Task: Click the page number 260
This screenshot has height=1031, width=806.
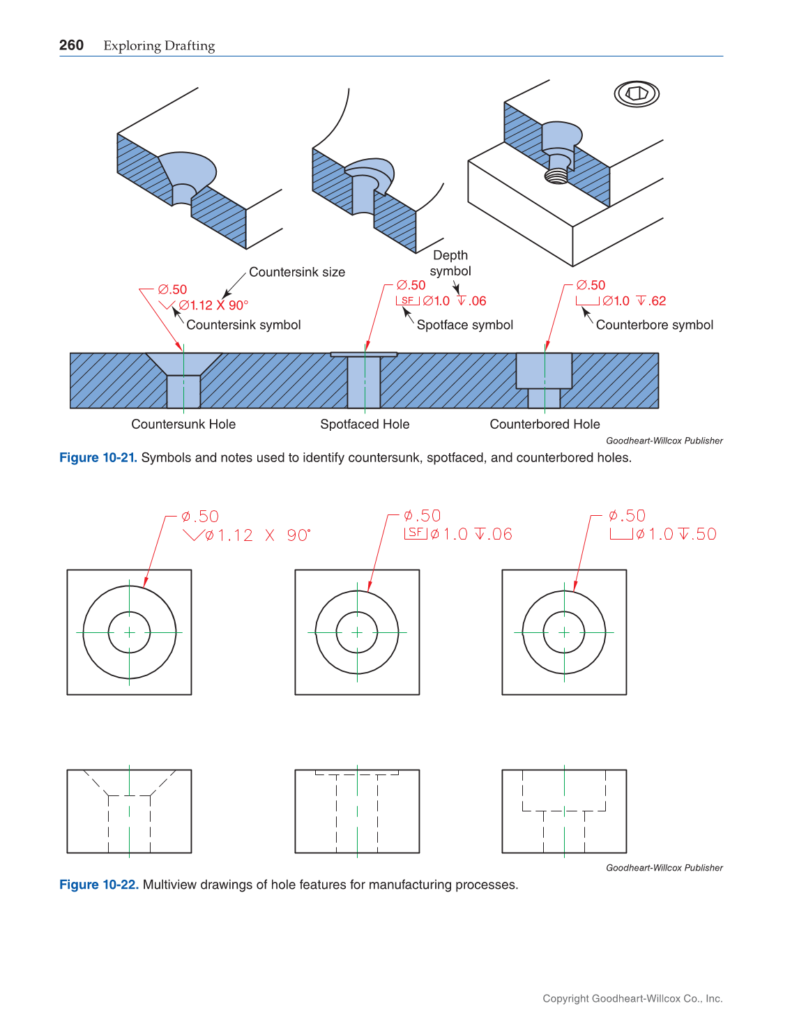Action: (x=71, y=45)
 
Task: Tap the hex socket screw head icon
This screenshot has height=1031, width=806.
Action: (x=637, y=93)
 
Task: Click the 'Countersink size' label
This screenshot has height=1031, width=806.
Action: (x=297, y=272)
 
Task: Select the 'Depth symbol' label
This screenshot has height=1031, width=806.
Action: (x=450, y=263)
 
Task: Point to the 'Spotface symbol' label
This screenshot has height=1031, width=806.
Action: (x=464, y=325)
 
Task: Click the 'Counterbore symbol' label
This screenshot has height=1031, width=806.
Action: (x=654, y=325)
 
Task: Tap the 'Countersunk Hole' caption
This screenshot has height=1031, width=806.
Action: (x=183, y=424)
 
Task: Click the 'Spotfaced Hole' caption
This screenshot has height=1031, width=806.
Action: (x=365, y=424)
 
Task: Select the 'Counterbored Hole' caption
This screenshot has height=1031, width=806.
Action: (x=545, y=424)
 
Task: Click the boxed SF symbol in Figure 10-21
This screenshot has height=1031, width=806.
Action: (x=408, y=300)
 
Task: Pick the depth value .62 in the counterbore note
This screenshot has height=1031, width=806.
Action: (x=657, y=301)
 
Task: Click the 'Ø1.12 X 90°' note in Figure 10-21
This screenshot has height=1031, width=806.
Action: (x=213, y=305)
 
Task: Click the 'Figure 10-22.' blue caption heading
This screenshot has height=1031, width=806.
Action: (x=98, y=885)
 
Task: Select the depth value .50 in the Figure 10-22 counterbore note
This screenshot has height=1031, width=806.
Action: (x=706, y=534)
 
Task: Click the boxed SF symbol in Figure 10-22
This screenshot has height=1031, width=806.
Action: (x=416, y=533)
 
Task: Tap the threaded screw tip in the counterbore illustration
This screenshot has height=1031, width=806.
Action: (x=556, y=176)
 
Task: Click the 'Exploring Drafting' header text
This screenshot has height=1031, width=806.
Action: (x=159, y=46)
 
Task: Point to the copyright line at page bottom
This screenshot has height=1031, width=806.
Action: (x=632, y=998)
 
